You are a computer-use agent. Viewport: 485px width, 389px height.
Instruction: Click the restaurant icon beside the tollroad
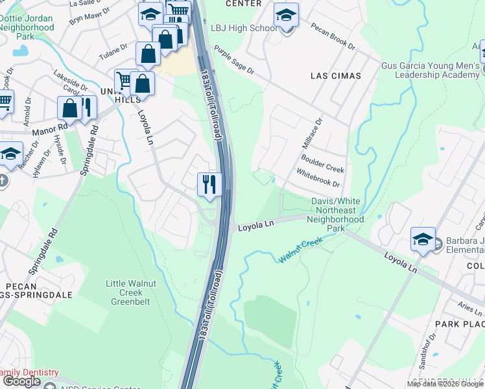click(209, 183)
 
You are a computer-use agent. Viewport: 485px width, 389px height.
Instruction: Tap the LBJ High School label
click(242, 29)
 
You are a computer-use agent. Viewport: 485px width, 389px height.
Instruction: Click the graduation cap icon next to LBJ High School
click(285, 14)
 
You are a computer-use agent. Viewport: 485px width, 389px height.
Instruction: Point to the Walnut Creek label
click(301, 251)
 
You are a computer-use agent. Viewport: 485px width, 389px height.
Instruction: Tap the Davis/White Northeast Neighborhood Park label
click(337, 215)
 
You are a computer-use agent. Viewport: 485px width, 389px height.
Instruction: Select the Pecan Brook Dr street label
click(333, 38)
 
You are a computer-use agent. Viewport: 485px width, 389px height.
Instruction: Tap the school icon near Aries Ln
click(422, 239)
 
